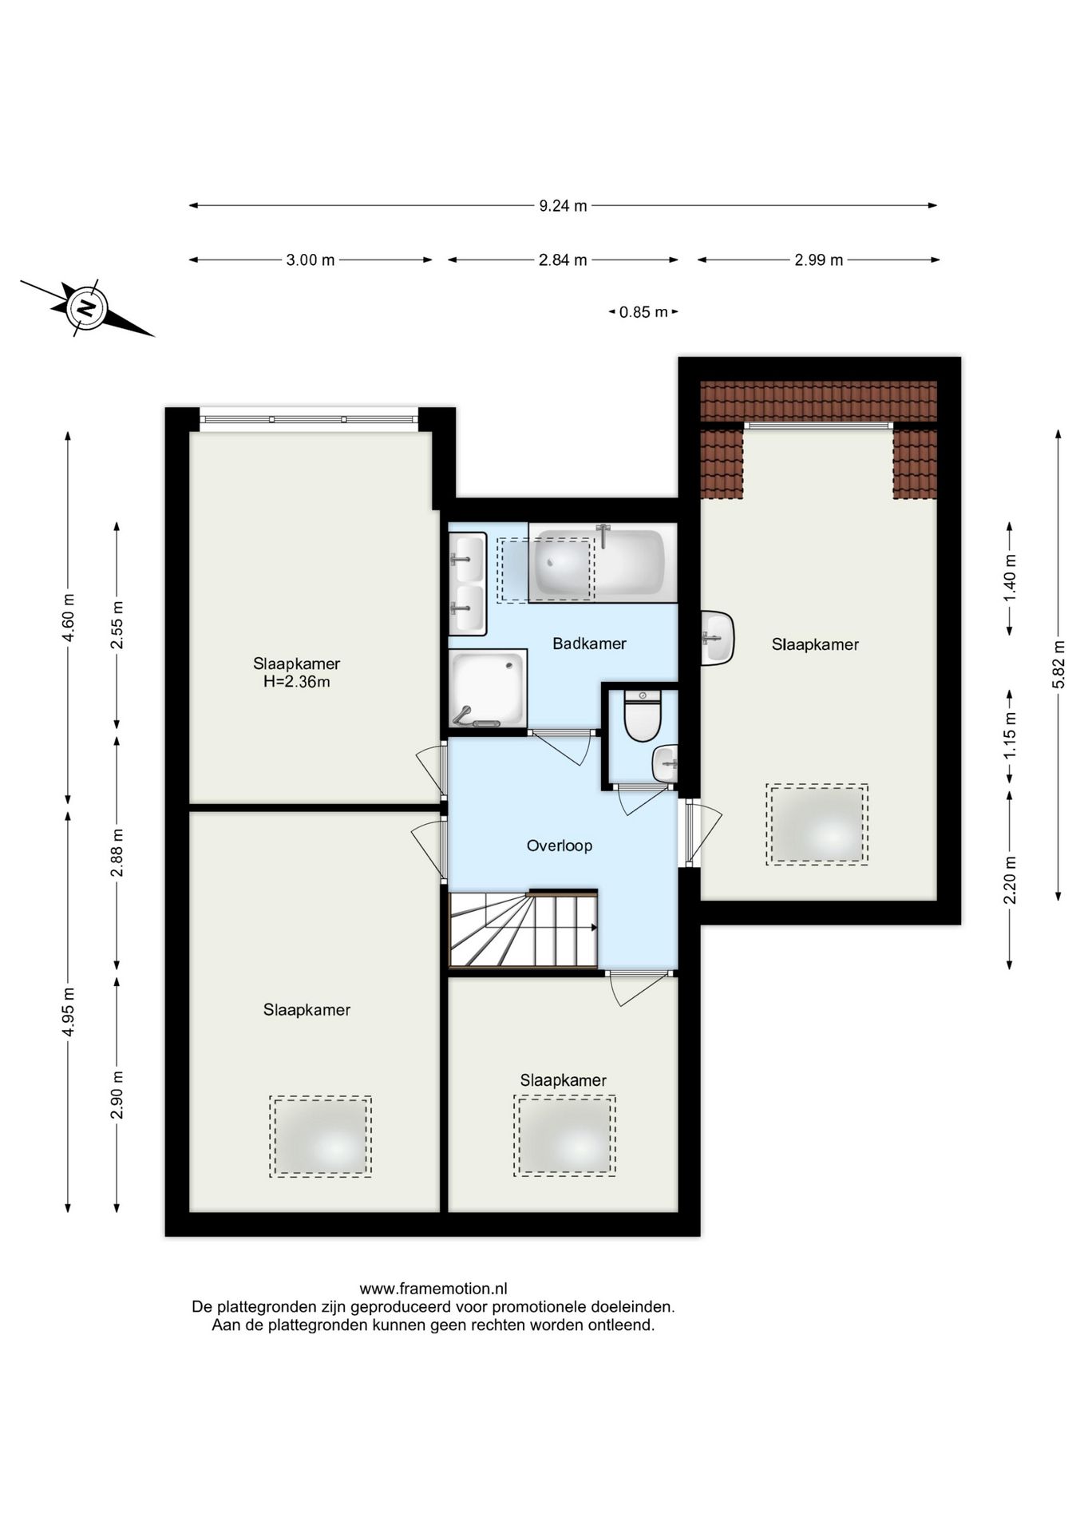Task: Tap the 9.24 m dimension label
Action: point(563,206)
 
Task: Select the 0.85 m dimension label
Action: point(643,312)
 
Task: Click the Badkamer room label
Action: point(589,644)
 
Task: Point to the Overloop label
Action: point(560,846)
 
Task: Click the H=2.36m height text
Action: point(297,682)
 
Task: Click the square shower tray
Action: point(488,688)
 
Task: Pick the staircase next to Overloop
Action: point(523,929)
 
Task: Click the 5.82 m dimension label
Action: point(1058,664)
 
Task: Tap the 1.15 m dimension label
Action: point(1010,734)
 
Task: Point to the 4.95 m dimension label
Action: point(69,1012)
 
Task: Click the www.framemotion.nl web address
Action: point(433,1289)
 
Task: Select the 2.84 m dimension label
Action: point(563,260)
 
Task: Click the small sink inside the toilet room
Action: point(666,764)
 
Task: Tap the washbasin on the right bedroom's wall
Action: point(718,638)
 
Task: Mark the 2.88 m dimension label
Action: point(117,852)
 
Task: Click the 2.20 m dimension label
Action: point(1010,879)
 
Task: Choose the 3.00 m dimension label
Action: point(311,260)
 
